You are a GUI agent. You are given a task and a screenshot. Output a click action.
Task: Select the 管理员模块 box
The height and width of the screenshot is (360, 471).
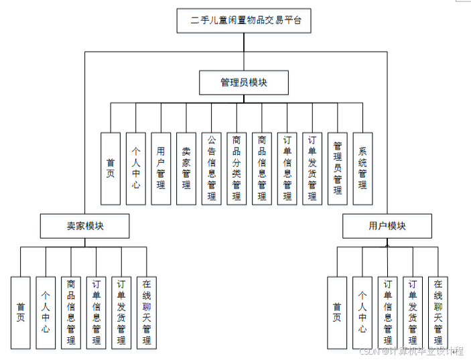244,82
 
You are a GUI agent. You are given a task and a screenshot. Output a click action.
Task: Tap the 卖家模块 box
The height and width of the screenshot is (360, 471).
84,226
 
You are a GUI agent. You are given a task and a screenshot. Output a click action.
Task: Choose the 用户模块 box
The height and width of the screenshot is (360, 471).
387,226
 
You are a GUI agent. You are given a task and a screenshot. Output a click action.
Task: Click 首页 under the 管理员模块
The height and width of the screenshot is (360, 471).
110,168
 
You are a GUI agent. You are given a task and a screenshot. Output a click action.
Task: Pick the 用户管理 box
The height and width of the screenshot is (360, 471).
161,168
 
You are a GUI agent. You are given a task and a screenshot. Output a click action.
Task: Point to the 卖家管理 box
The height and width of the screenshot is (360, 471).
186,168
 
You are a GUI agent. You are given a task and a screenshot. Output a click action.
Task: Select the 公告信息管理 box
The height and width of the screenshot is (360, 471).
211,168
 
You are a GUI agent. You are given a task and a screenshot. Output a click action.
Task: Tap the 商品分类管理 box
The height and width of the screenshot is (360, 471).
237,168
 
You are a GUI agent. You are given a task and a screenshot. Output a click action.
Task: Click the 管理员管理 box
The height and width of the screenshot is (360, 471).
338,168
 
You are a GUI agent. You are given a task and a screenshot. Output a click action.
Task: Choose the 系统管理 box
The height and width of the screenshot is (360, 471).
362,168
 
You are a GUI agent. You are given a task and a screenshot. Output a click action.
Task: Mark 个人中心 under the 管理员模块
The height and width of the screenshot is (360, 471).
135,168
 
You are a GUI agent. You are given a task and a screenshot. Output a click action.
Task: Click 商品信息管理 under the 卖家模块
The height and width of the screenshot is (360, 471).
71,312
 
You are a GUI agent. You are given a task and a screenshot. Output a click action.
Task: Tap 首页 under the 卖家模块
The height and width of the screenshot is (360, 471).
20,312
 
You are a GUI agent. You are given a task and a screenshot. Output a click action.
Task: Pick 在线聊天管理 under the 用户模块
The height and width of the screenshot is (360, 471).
438,312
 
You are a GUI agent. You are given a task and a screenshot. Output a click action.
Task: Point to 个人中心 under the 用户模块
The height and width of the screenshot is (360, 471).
362,312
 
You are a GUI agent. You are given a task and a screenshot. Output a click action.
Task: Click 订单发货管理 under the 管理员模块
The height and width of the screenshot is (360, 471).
312,168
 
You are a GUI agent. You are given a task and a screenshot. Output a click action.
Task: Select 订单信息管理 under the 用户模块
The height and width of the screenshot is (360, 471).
387,312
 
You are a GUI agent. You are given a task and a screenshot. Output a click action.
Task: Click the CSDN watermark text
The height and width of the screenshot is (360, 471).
409,351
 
